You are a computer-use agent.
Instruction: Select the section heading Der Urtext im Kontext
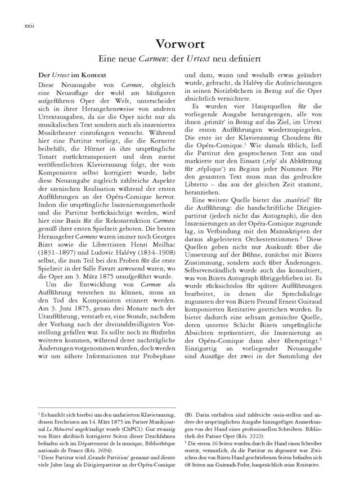(x=66, y=74)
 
